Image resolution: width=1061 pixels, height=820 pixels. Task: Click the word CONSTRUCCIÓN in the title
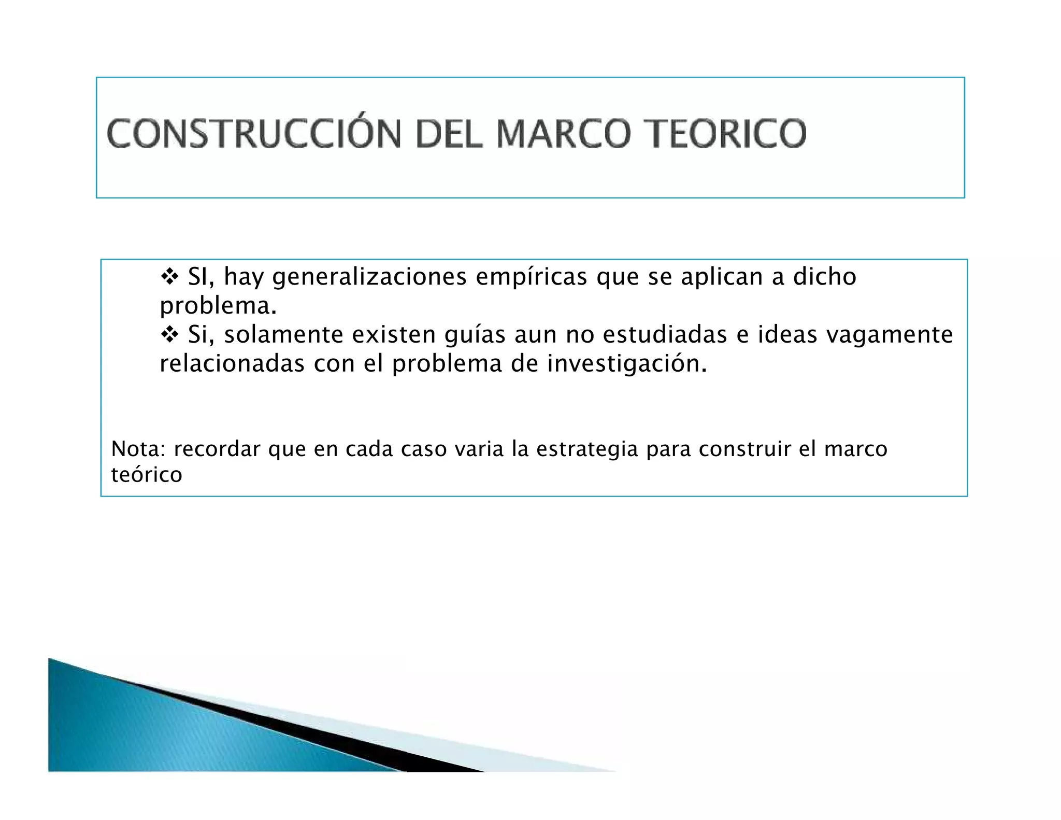tap(253, 134)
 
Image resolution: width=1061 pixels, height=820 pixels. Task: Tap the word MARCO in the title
tap(564, 134)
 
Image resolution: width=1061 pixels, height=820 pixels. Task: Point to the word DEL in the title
tap(449, 134)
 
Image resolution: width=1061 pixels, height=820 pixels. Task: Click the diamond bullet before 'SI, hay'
tap(169, 277)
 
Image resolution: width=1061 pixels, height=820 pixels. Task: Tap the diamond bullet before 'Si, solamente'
tap(169, 335)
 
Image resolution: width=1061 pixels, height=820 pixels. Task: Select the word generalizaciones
tap(369, 278)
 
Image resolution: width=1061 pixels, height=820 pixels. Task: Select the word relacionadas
tap(232, 364)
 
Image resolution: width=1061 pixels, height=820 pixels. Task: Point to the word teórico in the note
tap(147, 475)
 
